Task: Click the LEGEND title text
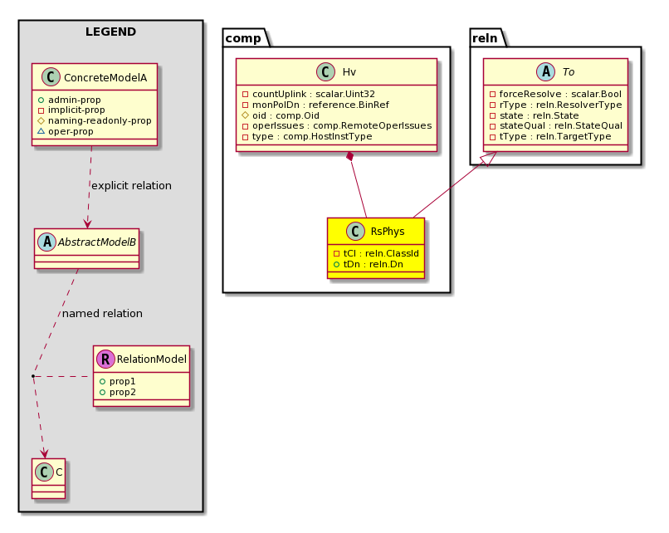click(110, 32)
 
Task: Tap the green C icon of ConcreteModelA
click(51, 77)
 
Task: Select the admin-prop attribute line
click(70, 100)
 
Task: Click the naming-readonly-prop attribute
click(95, 120)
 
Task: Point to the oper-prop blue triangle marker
click(41, 131)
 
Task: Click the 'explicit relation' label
click(131, 186)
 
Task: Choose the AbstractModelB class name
click(97, 242)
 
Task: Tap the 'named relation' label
click(102, 313)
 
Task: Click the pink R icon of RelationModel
click(105, 359)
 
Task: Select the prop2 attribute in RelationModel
click(117, 392)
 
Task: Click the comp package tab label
click(243, 38)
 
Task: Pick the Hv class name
click(349, 71)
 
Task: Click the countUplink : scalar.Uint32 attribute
click(309, 94)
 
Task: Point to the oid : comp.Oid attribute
click(281, 115)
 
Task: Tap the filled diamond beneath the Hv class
click(350, 156)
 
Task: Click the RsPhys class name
click(388, 232)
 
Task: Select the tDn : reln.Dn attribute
click(369, 264)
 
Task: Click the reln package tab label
click(485, 38)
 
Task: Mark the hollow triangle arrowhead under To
click(490, 159)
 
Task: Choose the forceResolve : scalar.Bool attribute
click(555, 94)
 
